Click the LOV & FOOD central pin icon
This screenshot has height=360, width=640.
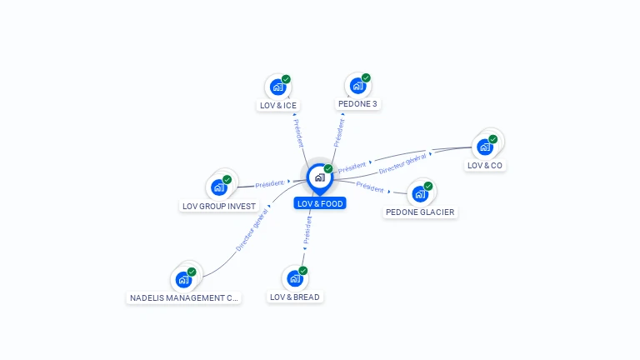[x=318, y=177]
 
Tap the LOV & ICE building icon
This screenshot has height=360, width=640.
[x=277, y=87]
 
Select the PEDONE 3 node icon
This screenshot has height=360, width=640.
[x=357, y=86]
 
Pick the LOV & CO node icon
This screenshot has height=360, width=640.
[x=484, y=147]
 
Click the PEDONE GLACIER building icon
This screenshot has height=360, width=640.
[x=420, y=193]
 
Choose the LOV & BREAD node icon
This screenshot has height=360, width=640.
[x=294, y=278]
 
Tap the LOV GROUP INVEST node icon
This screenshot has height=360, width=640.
[x=219, y=187]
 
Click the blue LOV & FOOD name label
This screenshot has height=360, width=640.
[x=320, y=203]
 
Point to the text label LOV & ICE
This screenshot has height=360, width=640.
[x=278, y=106]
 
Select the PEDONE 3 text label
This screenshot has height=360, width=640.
[x=358, y=104]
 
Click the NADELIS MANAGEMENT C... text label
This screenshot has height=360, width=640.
[x=184, y=297]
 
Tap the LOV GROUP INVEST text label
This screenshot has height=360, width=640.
[x=219, y=206]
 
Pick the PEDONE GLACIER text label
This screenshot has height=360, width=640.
[x=420, y=212]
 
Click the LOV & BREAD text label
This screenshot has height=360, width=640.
[x=295, y=297]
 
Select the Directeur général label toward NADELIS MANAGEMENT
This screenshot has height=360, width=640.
[x=252, y=231]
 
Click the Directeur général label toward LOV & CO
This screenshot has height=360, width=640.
[x=404, y=163]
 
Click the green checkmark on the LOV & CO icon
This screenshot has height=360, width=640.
[x=492, y=139]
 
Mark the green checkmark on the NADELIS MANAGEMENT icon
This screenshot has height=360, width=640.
[x=192, y=272]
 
